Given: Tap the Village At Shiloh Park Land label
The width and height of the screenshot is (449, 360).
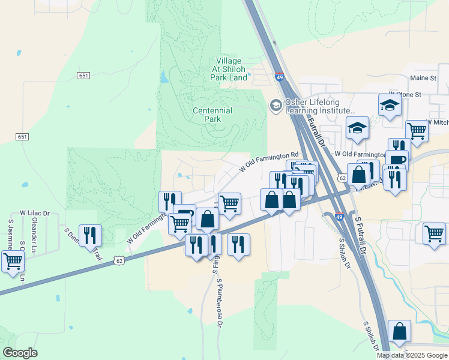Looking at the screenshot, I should (229, 69).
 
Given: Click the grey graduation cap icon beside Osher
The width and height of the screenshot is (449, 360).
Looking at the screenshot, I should (276, 106).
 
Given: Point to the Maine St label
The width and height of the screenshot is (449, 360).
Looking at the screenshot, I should (423, 78).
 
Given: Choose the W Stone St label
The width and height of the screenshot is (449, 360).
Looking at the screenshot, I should (405, 94).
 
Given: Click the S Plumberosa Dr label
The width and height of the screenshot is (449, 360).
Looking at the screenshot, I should (220, 303).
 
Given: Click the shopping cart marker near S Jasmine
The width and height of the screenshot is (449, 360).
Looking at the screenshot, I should (13, 262).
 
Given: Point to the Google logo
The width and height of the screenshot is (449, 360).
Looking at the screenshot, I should (20, 353).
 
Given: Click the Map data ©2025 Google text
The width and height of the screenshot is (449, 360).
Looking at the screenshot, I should (412, 355).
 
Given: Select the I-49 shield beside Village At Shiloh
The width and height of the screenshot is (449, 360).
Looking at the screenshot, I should (279, 77).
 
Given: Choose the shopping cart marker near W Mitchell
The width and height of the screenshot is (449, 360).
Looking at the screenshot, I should (417, 130).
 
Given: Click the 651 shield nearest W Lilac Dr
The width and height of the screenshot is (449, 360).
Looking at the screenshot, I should (22, 137).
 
